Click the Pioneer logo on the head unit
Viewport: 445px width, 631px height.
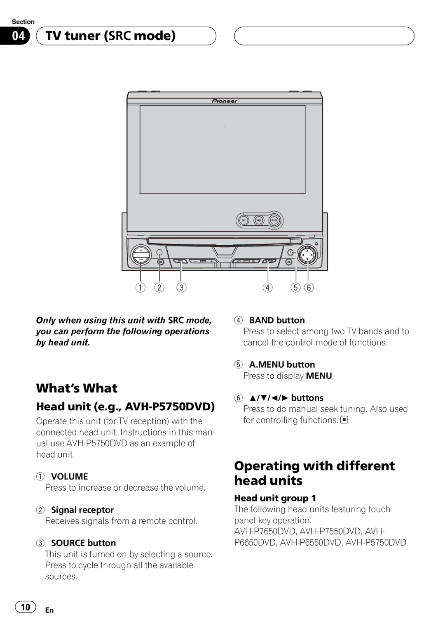tap(225, 101)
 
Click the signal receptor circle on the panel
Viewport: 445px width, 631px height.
tap(159, 253)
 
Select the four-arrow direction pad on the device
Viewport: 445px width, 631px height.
tap(307, 255)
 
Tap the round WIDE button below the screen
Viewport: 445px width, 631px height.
tap(259, 220)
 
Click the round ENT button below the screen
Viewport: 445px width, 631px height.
tap(244, 220)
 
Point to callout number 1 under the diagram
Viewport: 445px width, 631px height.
tap(141, 288)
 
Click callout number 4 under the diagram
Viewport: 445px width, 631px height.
tap(268, 288)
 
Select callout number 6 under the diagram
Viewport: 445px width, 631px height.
tap(309, 288)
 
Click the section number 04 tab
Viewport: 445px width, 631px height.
tap(18, 36)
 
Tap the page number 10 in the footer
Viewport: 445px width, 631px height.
tap(26, 607)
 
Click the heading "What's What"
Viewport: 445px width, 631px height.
tap(77, 388)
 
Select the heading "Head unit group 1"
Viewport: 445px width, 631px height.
tap(275, 498)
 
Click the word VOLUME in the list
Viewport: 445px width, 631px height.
tap(69, 477)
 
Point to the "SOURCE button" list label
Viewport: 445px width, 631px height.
tap(83, 543)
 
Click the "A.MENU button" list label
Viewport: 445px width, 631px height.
tap(282, 365)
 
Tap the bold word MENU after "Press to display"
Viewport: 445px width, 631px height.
tap(319, 376)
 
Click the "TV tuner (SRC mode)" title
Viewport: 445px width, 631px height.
tap(110, 36)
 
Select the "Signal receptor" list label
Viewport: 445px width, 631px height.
tap(82, 510)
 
